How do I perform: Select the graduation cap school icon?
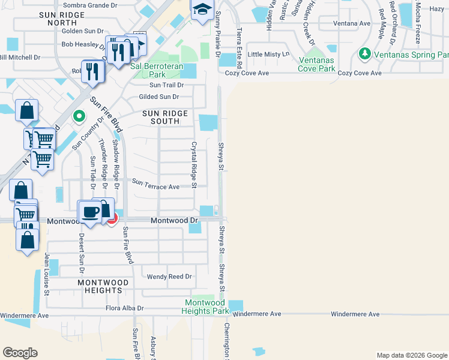click(x=202, y=9)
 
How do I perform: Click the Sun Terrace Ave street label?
click(x=155, y=186)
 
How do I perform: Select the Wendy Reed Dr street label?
click(x=169, y=277)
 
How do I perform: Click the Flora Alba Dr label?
click(x=125, y=308)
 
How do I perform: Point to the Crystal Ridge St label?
click(x=194, y=164)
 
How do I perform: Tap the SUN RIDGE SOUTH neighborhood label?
click(x=165, y=117)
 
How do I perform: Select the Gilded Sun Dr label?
click(x=158, y=97)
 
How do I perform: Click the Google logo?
click(x=20, y=353)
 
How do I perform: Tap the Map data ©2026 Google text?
click(x=412, y=355)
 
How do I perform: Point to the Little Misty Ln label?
click(x=268, y=54)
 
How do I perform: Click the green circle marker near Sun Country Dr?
click(x=77, y=116)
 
